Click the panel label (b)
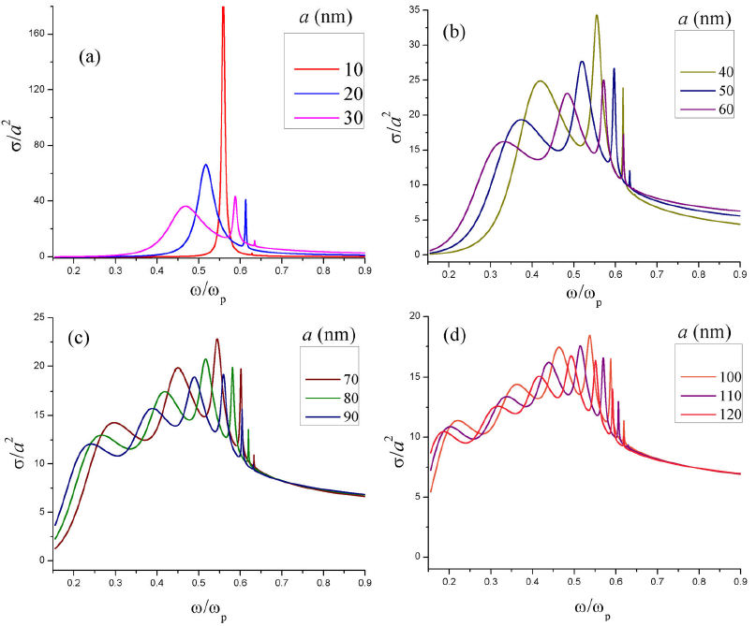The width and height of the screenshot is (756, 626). [456, 30]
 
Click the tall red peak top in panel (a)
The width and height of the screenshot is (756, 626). [223, 8]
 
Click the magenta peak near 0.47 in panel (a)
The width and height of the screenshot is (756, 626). [185, 207]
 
